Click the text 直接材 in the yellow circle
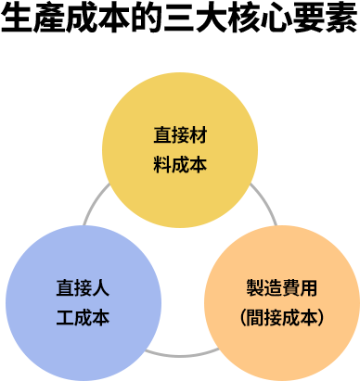180,135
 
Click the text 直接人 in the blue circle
84,286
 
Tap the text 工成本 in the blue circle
84,317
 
